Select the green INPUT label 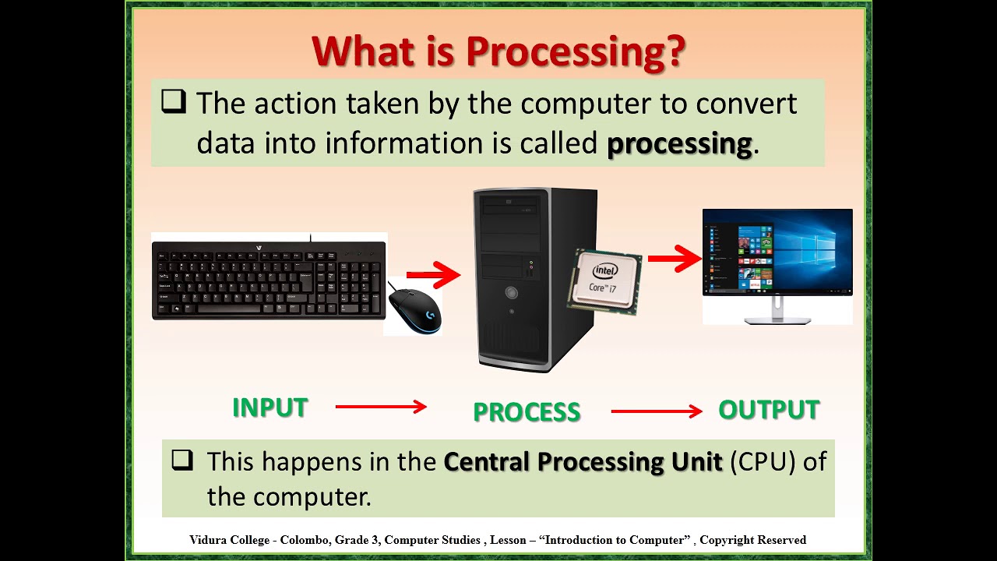click(270, 408)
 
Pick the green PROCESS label click(527, 412)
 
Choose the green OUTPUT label click(768, 410)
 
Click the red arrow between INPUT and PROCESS click(381, 407)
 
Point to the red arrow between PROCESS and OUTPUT click(657, 411)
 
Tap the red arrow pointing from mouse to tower click(433, 274)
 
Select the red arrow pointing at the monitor click(675, 259)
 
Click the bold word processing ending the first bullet click(678, 144)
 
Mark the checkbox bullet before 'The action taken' click(173, 102)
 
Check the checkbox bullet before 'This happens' click(181, 460)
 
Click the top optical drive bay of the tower click(510, 206)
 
